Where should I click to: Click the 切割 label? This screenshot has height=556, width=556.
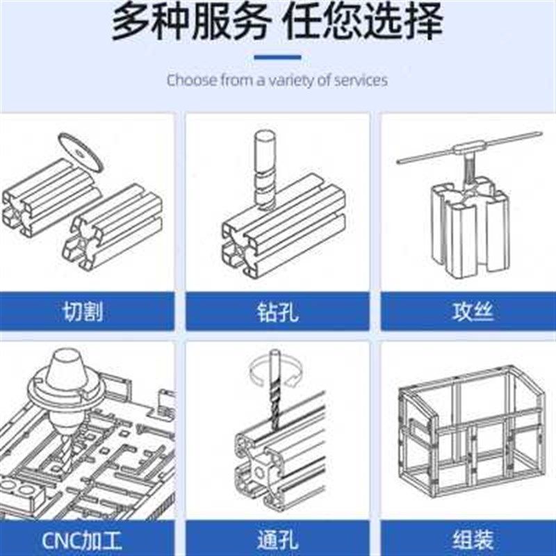[x=83, y=311]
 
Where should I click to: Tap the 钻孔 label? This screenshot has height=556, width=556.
[x=277, y=311]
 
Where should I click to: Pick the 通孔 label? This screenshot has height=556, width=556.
[x=277, y=539]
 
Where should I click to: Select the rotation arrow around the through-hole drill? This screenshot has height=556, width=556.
[x=277, y=372]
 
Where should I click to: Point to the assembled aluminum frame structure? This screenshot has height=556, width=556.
[x=471, y=434]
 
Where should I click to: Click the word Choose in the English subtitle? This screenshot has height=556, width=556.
[x=191, y=80]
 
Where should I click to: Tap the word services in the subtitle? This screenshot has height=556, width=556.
[x=360, y=80]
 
